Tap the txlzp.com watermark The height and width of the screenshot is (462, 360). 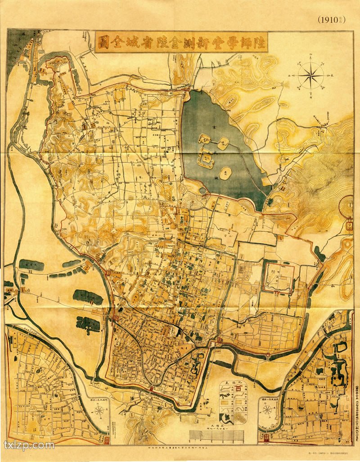point(29,445)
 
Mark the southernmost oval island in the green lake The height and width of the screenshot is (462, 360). point(226,173)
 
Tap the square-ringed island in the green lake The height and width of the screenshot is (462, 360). point(207,158)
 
